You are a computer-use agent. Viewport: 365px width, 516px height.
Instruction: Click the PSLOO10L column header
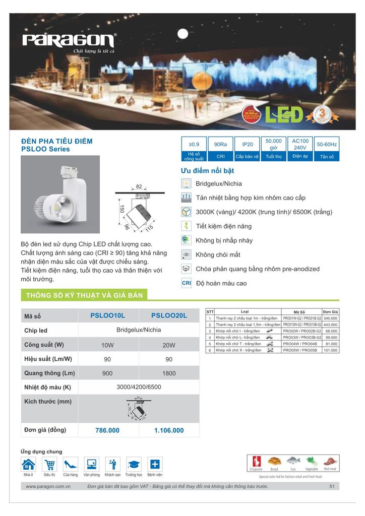pyautogui.click(x=107, y=316)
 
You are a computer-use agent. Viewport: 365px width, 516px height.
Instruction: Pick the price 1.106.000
pyautogui.click(x=169, y=430)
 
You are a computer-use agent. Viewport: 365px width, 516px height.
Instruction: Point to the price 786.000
pyautogui.click(x=107, y=430)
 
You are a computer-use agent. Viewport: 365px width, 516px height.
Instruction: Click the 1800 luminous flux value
pyautogui.click(x=169, y=373)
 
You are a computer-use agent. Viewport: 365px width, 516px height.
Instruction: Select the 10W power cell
pyautogui.click(x=107, y=345)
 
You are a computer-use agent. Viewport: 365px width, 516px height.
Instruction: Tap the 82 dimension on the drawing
pyautogui.click(x=139, y=186)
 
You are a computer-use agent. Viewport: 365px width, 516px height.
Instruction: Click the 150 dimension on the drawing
pyautogui.click(x=122, y=209)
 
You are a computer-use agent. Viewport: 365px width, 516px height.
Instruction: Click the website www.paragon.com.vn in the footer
pyautogui.click(x=47, y=486)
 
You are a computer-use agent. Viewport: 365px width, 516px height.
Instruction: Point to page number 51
pyautogui.click(x=332, y=486)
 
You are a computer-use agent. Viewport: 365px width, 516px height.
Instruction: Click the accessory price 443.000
pyautogui.click(x=331, y=325)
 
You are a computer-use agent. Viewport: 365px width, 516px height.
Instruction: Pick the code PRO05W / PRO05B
pyautogui.click(x=300, y=350)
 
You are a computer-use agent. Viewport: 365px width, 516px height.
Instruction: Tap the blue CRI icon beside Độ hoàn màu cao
pyautogui.click(x=187, y=283)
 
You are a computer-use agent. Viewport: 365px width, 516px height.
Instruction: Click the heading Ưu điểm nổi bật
pyautogui.click(x=207, y=171)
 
